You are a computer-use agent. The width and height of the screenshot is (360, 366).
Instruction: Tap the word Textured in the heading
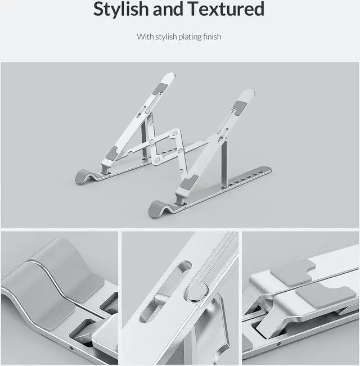[x=226, y=9]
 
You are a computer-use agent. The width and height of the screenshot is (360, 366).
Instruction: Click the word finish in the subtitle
[x=213, y=37]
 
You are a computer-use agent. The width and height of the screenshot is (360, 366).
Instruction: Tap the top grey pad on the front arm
[x=240, y=107]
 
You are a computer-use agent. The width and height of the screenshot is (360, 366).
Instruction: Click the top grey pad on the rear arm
[x=160, y=88]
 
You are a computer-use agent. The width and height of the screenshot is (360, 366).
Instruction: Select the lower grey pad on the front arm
[x=189, y=182]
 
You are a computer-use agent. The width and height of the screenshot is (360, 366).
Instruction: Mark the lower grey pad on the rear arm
[x=111, y=153]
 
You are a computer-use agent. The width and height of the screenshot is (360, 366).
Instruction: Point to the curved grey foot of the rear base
[x=84, y=176]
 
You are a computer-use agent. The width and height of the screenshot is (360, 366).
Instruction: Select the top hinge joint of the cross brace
[x=175, y=133]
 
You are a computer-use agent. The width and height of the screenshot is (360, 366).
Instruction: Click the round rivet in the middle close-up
[x=197, y=292]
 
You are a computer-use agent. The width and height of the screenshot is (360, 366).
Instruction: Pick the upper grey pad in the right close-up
[x=291, y=273]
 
